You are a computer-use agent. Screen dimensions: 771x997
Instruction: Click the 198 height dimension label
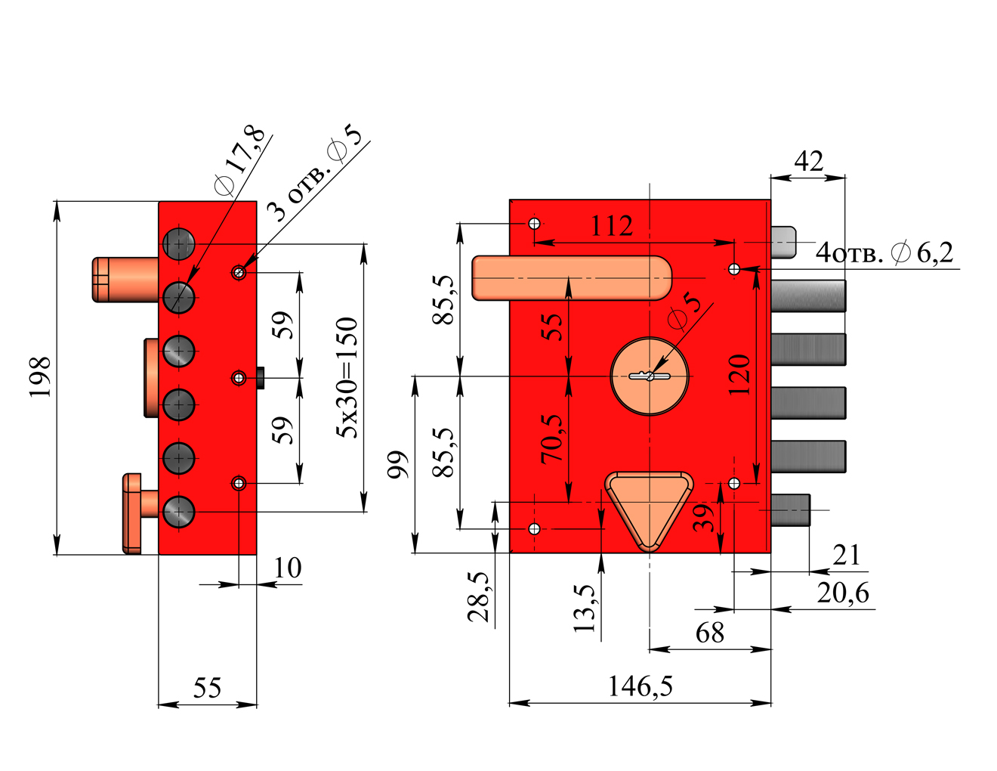click(39, 377)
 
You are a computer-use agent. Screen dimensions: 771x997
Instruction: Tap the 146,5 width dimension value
click(640, 686)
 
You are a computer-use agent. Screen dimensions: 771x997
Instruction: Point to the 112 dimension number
click(611, 226)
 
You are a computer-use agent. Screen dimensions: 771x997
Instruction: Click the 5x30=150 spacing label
click(347, 377)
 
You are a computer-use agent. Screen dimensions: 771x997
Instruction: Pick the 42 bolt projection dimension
click(808, 162)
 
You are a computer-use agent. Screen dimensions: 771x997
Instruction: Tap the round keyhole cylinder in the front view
click(650, 376)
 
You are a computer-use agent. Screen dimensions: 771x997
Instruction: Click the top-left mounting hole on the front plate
click(534, 224)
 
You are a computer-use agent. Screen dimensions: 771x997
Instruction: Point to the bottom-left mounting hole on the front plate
click(534, 528)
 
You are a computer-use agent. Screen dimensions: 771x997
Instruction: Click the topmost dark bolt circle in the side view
click(179, 243)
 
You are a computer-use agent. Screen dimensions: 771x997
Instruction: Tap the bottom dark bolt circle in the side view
click(179, 511)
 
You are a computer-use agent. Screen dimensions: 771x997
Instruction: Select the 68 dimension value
click(710, 633)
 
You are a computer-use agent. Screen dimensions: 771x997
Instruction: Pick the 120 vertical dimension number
click(739, 375)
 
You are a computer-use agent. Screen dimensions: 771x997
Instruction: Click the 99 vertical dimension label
click(398, 465)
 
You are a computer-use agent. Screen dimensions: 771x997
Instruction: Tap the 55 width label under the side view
click(207, 689)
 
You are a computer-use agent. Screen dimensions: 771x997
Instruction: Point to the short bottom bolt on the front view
click(791, 510)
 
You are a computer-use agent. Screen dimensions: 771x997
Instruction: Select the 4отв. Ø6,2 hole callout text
click(884, 252)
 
